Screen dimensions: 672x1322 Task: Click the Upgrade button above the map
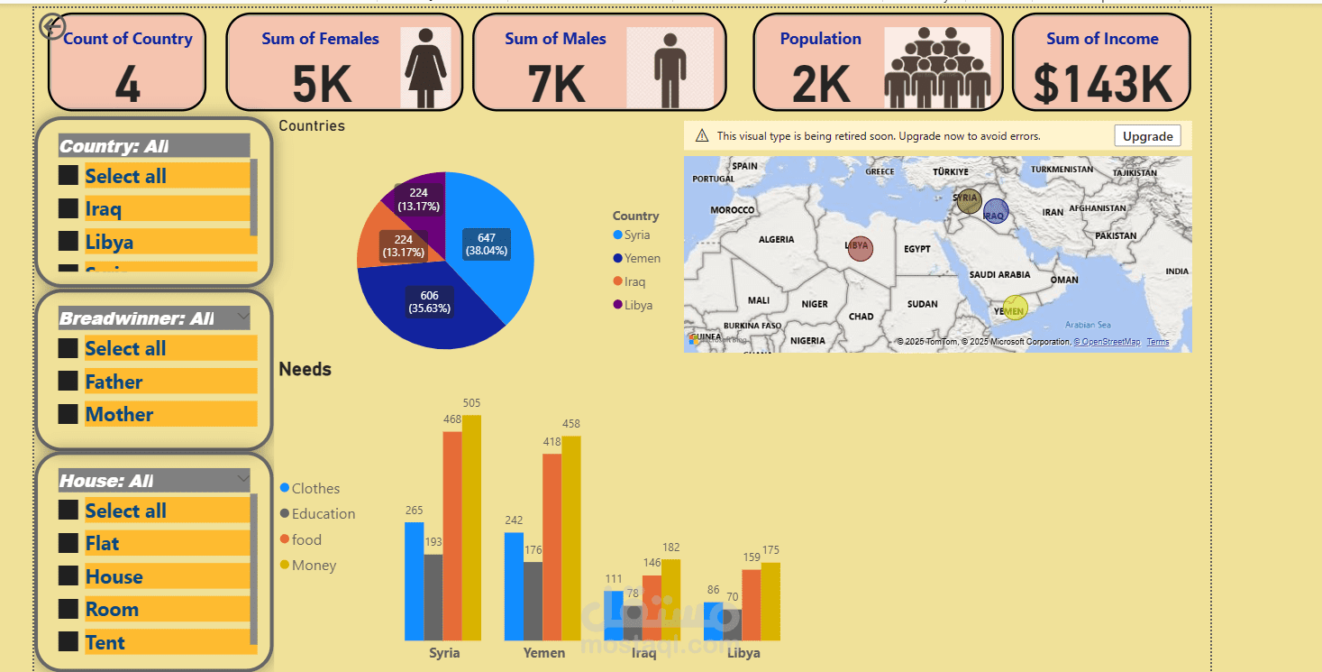click(1148, 136)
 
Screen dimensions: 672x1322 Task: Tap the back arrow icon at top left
click(53, 26)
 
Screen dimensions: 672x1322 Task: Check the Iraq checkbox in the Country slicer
click(68, 208)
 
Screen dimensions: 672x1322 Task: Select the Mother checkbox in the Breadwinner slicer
click(68, 414)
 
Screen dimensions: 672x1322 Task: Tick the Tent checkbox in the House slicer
click(68, 641)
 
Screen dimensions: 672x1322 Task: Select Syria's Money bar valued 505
click(471, 528)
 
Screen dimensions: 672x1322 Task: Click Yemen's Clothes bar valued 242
click(514, 586)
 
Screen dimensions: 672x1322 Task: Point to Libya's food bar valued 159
click(751, 604)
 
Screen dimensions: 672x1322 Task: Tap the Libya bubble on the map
click(860, 247)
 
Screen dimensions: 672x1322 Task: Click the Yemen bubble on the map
click(1015, 308)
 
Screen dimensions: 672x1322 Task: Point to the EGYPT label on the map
click(916, 249)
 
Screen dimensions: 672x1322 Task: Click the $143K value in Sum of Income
click(1102, 84)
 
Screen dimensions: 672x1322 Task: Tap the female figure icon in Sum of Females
click(425, 68)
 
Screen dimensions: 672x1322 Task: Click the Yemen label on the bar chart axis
click(544, 653)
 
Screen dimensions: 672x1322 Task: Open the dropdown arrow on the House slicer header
click(242, 478)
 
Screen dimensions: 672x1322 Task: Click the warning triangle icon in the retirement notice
click(702, 136)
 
